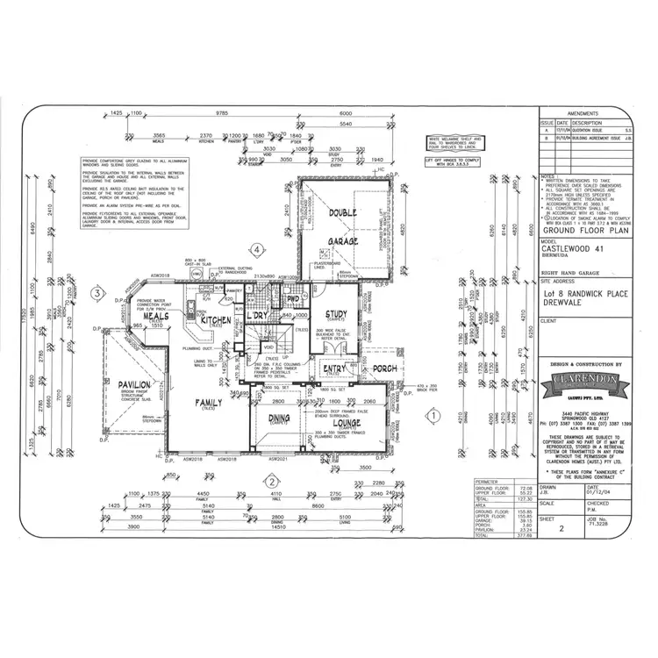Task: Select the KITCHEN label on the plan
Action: [215, 321]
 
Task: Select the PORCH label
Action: [385, 369]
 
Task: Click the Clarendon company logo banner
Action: [583, 383]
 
